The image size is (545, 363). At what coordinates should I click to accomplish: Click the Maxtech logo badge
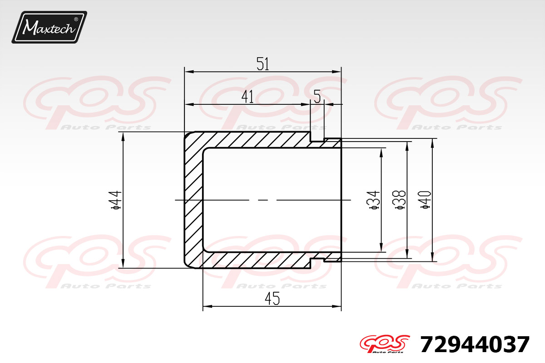(x=50, y=27)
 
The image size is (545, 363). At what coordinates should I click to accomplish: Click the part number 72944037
(x=475, y=344)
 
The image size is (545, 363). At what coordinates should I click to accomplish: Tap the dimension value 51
(x=263, y=64)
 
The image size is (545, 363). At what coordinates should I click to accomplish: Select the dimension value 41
(x=248, y=97)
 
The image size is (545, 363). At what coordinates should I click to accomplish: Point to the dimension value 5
(x=317, y=97)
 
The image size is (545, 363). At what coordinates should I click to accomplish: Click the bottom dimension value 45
(x=272, y=299)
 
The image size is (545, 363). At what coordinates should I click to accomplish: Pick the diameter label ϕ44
(x=116, y=200)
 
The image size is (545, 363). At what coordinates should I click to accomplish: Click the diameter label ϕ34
(x=374, y=200)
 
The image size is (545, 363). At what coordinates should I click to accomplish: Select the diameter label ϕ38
(x=399, y=200)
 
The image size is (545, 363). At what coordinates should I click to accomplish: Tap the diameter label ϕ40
(x=425, y=200)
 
